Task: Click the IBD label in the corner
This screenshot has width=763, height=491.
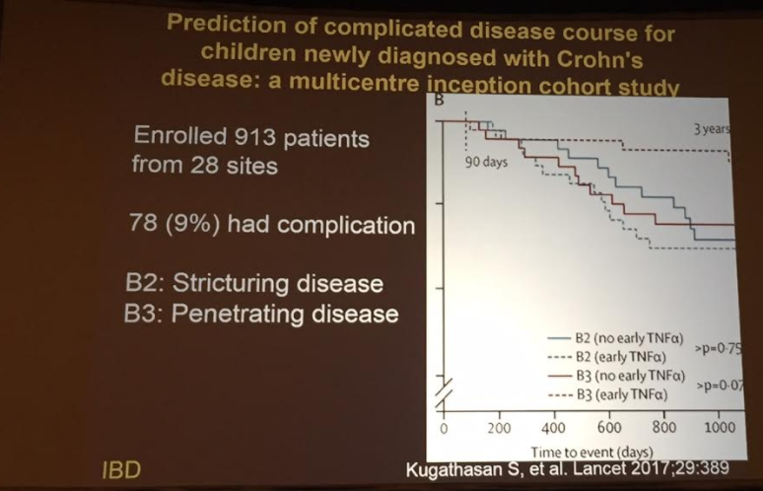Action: pos(120,469)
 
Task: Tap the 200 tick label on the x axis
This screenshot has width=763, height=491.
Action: pos(499,429)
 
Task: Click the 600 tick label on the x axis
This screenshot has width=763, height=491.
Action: pos(608,429)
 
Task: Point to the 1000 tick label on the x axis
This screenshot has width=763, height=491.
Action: pos(720,428)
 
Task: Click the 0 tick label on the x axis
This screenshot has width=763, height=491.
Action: pos(444,429)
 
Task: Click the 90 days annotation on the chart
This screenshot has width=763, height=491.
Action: pos(487,163)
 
